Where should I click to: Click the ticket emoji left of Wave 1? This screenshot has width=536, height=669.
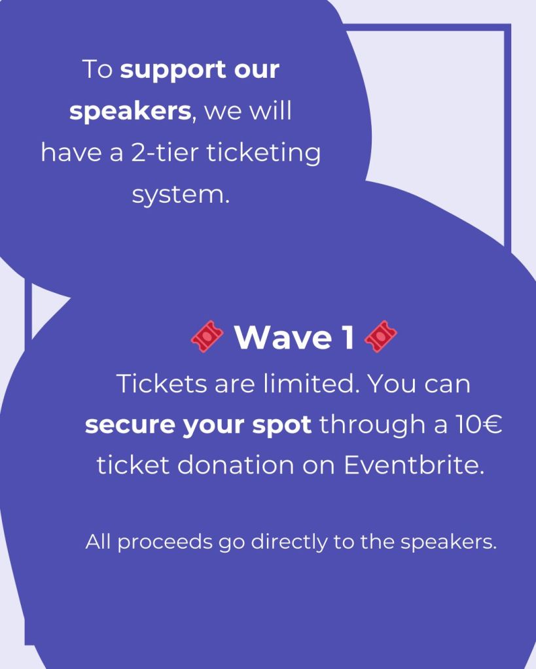point(207,336)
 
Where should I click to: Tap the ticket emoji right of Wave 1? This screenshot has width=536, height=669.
point(380,336)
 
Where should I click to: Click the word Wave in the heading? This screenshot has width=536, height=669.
point(283,337)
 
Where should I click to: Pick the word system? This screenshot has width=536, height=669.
point(181,195)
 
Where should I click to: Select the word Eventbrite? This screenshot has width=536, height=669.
point(414,464)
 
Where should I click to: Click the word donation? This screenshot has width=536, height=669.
point(236,464)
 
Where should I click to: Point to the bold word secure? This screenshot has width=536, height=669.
point(130,425)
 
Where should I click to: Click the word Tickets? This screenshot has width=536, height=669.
point(162,384)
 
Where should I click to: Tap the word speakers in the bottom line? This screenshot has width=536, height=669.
point(448,543)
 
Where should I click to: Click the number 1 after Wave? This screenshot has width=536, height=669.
point(349,337)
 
